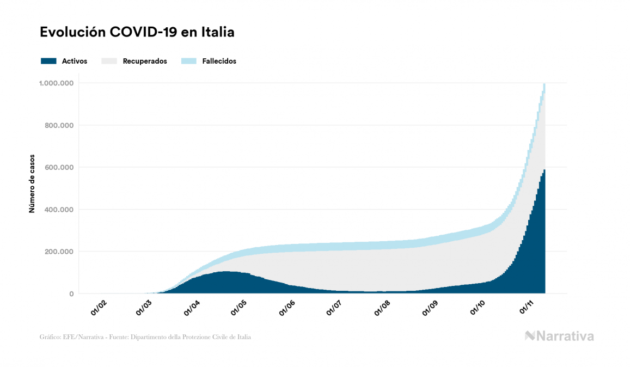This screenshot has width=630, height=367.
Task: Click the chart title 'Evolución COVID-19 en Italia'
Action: [137, 32]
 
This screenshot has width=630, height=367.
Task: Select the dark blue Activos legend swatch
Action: [48, 61]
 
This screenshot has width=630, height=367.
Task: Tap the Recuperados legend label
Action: [145, 61]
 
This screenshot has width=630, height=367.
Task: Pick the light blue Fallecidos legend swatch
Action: [188, 61]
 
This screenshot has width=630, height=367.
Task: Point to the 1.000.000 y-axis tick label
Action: [57, 83]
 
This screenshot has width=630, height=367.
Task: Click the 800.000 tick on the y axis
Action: [59, 125]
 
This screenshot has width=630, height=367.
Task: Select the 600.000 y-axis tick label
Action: [59, 167]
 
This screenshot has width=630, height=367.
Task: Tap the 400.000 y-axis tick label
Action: [59, 210]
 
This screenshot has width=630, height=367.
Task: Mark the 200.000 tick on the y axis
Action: [59, 252]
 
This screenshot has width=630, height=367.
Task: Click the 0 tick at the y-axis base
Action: [71, 294]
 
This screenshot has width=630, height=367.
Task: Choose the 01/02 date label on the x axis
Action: [99, 308]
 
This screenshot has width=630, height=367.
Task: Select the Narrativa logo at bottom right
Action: [559, 336]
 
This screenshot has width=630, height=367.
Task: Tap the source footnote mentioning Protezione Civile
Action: [145, 337]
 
